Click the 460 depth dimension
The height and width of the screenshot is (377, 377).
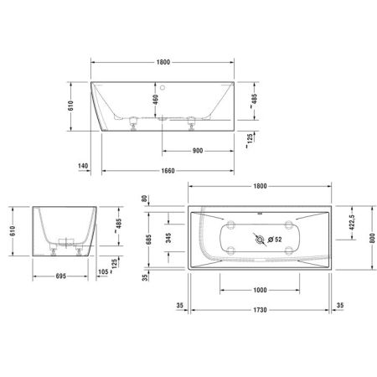tap(155, 101)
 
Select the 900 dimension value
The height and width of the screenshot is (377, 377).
tap(199, 151)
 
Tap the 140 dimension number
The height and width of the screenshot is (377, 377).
tap(83, 166)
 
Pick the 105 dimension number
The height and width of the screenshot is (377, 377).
tap(102, 271)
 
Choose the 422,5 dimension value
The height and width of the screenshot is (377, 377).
tap(350, 222)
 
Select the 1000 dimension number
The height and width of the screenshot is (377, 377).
tap(259, 289)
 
